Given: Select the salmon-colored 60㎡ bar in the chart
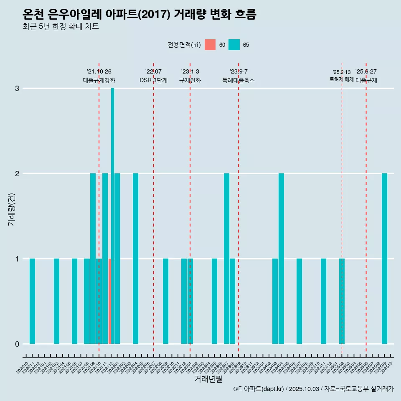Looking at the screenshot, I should [109, 301].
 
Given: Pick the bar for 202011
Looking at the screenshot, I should [32, 301].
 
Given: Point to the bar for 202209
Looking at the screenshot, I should [165, 301].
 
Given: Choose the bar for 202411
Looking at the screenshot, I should [323, 301].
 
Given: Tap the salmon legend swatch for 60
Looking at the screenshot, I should [210, 45].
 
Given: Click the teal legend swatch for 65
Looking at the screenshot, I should [234, 45].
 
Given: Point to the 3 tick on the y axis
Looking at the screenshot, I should [17, 89].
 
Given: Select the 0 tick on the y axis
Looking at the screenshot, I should [17, 344].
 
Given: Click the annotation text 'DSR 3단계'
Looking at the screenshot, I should [153, 80].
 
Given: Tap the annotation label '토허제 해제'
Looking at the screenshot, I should [341, 79].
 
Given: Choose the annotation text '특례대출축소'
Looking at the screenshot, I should [238, 80].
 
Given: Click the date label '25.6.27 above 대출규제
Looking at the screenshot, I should [366, 71].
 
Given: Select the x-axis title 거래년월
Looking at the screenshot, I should [208, 379].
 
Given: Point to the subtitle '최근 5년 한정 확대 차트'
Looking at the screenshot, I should [61, 27].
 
